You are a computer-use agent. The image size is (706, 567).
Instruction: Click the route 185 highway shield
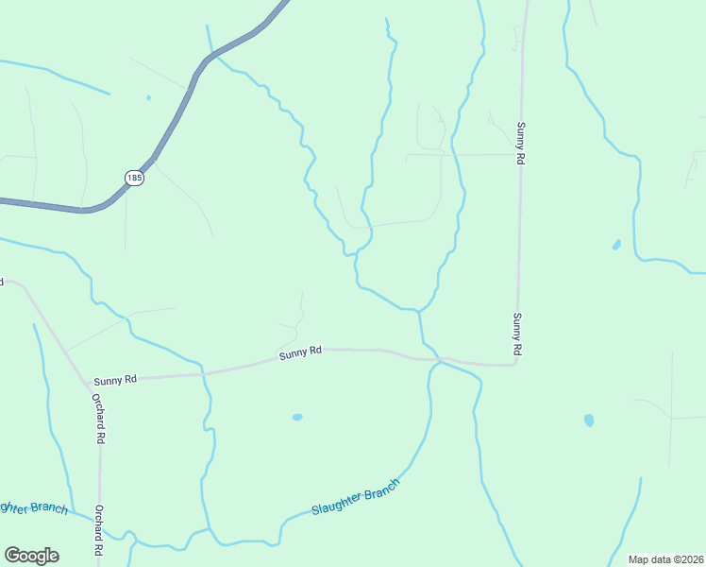click(135, 178)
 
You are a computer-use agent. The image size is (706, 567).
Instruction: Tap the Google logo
click(31, 556)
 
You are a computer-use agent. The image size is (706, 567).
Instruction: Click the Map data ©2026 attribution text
click(666, 559)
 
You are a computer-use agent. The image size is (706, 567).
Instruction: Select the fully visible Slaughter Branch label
click(356, 496)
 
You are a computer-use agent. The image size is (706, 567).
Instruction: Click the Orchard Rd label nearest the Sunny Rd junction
click(97, 417)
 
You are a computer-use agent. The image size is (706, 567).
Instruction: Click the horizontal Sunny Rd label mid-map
click(301, 351)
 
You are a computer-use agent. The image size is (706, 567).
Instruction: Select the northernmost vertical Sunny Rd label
click(519, 144)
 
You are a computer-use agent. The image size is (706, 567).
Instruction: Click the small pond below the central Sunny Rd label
click(297, 417)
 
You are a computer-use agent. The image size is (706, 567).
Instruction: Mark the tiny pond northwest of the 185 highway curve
click(148, 96)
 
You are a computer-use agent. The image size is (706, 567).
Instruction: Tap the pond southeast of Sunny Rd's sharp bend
click(589, 421)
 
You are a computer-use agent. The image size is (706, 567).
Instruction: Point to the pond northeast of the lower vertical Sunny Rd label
click(616, 245)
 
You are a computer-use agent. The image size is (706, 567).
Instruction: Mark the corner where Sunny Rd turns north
click(514, 364)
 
